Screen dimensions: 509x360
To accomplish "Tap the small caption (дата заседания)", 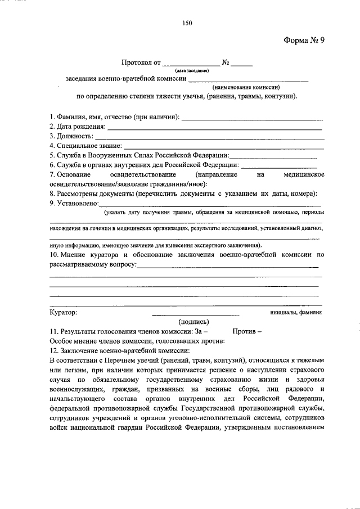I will click(192, 71).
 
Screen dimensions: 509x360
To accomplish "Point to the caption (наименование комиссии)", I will click(246, 87).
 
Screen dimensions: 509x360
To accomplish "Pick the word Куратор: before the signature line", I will click(64, 312).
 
